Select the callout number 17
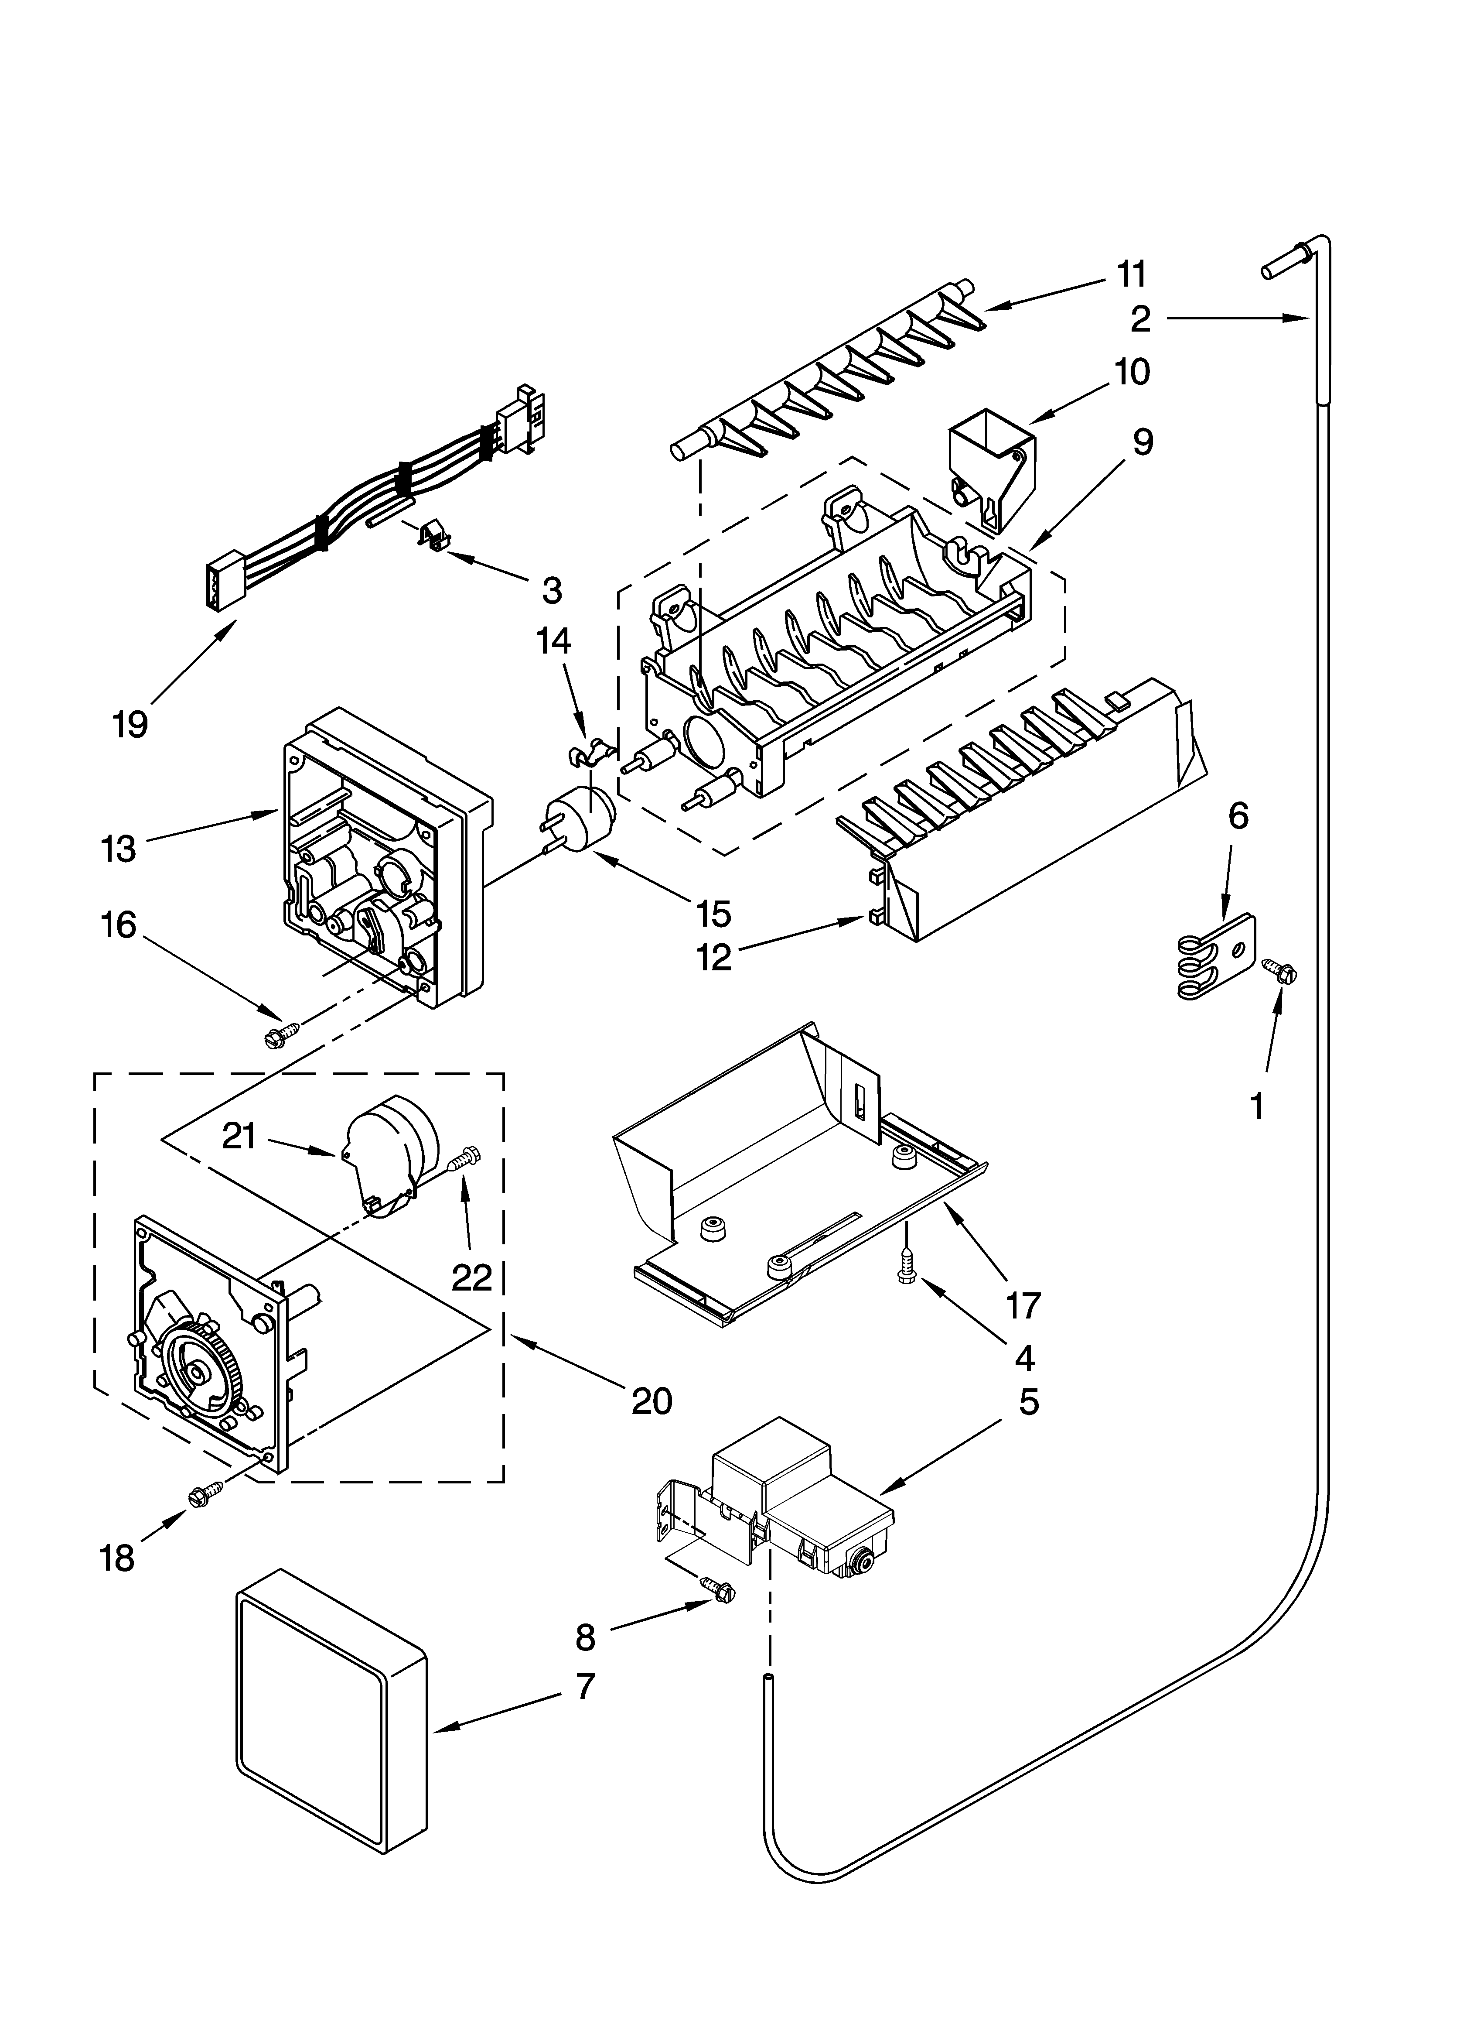click(1023, 1305)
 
